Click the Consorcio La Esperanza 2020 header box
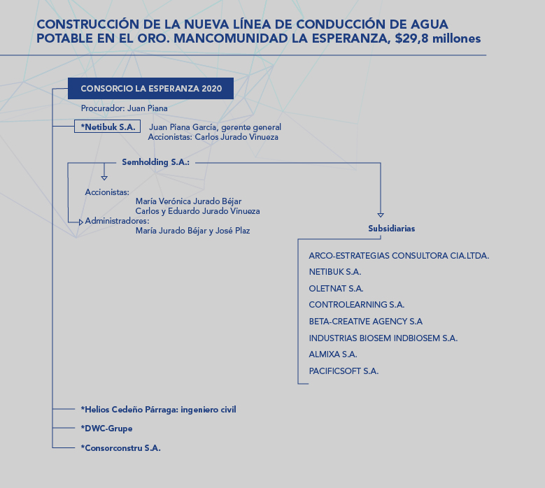tap(150, 88)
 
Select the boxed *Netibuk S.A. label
tap(108, 127)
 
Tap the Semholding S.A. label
tap(156, 162)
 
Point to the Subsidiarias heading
tap(391, 229)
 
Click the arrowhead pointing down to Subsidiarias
tap(381, 215)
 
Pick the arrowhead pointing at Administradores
tap(81, 222)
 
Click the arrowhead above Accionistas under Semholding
tap(104, 178)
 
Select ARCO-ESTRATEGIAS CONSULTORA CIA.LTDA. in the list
tap(399, 256)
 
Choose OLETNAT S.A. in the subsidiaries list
tap(336, 289)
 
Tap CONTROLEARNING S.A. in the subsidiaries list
tap(357, 305)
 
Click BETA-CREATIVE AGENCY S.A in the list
tap(366, 322)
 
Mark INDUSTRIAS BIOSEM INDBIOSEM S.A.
tap(383, 338)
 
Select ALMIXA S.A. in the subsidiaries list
tap(333, 354)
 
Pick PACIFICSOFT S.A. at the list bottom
tap(344, 371)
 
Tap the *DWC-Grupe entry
tap(107, 429)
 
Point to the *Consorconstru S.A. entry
tap(120, 447)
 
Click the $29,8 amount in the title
tap(411, 38)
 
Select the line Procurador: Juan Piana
tap(124, 108)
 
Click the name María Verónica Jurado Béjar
tap(188, 201)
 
